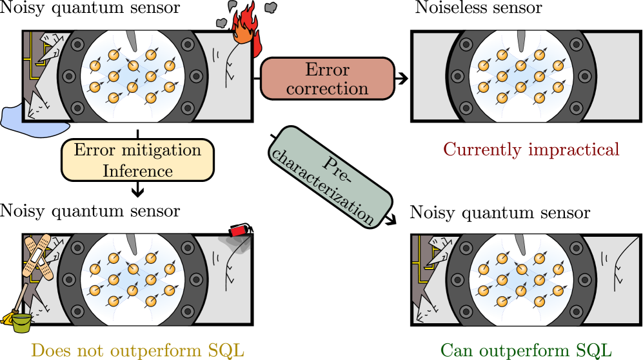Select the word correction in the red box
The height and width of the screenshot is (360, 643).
tap(327, 88)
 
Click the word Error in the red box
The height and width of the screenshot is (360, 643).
tap(327, 69)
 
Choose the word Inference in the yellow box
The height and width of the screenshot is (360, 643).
tap(137, 170)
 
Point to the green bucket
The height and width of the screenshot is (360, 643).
tap(22, 322)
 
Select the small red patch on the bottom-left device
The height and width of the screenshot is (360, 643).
tap(239, 230)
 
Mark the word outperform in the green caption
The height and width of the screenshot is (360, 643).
tap(522, 350)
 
